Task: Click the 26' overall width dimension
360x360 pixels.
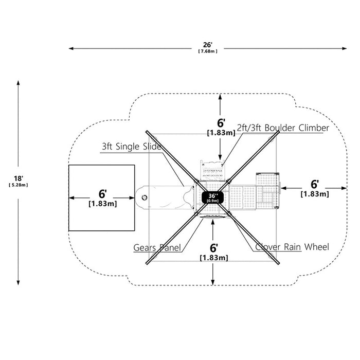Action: click(208, 45)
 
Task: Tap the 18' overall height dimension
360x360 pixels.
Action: click(19, 178)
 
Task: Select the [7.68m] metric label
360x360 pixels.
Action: click(208, 51)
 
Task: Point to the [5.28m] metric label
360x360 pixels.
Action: click(19, 185)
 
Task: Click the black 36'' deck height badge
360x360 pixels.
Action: click(212, 197)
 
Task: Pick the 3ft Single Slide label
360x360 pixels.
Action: click(131, 147)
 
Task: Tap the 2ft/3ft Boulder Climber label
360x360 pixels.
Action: click(283, 128)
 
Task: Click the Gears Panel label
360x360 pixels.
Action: click(157, 247)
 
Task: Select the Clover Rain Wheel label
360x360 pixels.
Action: click(292, 247)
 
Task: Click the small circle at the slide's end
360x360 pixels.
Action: click(145, 197)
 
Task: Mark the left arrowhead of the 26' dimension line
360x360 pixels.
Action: click(71, 48)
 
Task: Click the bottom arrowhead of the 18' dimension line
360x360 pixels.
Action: click(18, 283)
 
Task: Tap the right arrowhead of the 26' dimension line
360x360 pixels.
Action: click(345, 48)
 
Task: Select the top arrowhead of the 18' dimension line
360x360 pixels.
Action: click(18, 83)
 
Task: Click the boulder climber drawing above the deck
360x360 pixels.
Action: click(212, 171)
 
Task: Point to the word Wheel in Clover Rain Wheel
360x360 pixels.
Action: click(317, 247)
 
